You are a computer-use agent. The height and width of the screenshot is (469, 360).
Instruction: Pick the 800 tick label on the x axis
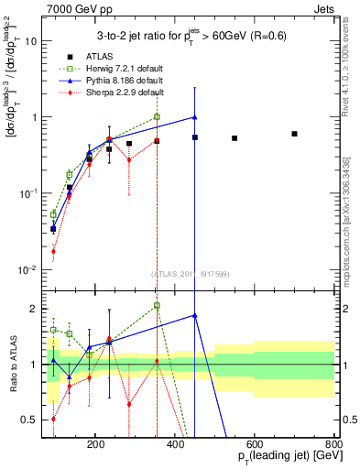click(x=334, y=443)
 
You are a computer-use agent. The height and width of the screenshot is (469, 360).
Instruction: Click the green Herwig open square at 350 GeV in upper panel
click(x=157, y=116)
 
